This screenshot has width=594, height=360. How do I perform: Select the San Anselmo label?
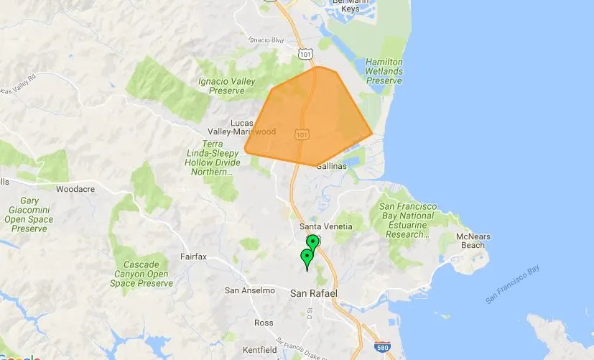[x=250, y=290]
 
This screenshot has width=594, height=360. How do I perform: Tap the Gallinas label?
[x=330, y=166]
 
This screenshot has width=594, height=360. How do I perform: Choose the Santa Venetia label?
[x=325, y=226]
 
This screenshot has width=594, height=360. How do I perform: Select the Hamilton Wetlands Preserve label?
[x=384, y=71]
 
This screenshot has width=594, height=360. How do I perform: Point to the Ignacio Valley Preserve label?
[x=226, y=86]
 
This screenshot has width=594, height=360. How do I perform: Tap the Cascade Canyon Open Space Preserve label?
[x=144, y=273]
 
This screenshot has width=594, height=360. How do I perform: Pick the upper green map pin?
[x=312, y=241]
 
